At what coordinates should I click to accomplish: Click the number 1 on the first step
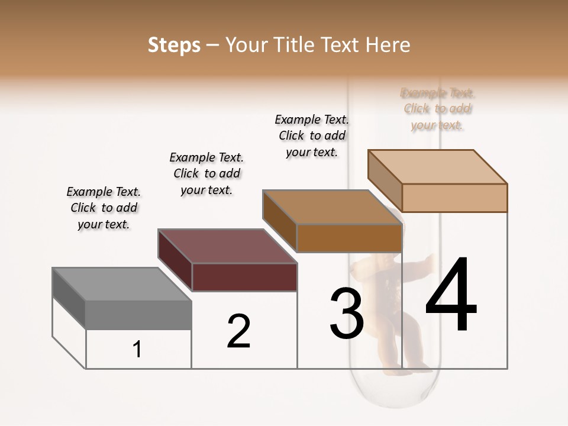pos(137,350)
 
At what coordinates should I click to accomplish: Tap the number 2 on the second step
pos(238,331)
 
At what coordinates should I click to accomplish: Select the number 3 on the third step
pos(347,313)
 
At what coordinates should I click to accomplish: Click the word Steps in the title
pos(174,45)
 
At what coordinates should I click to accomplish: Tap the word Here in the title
pos(388,45)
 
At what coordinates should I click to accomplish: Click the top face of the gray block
pos(122,284)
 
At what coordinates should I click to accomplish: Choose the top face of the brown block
pos(332,207)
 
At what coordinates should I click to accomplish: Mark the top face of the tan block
pos(437,167)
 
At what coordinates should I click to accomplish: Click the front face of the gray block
pos(138,315)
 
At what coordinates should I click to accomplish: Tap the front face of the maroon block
pos(244,277)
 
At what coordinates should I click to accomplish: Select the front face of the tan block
pos(454,198)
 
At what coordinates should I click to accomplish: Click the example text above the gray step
pos(104,208)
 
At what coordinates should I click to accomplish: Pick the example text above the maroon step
pos(206,173)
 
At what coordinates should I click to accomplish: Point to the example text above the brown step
pos(312,135)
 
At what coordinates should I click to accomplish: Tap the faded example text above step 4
pos(437,109)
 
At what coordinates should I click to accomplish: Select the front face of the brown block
pos(349,238)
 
